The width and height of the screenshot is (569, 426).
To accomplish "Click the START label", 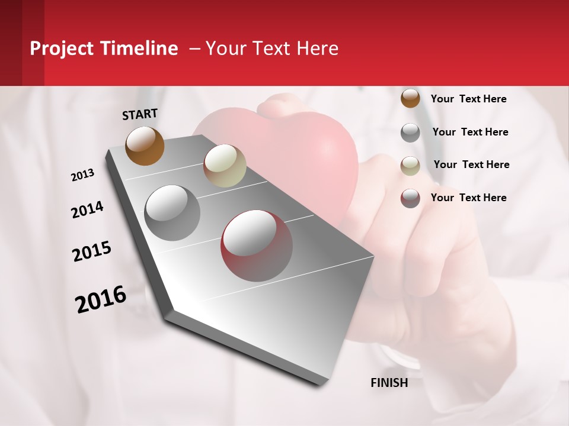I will coord(140,114).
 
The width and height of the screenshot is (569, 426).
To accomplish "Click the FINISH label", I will coord(389,383).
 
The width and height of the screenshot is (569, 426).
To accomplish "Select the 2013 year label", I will coord(82,175).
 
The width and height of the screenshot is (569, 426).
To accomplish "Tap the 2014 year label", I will coord(87,209).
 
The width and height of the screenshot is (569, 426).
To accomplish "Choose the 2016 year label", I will coord(101,299).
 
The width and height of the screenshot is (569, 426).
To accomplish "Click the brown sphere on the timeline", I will coord(145,146).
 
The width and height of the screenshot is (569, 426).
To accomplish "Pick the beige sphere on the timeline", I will coord(225,166).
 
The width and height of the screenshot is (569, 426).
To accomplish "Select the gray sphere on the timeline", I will coord(172,213).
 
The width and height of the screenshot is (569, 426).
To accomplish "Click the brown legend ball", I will coord(410,99).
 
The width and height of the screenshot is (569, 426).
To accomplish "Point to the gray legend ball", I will coord(410,133).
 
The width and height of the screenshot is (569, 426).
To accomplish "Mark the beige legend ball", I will coord(410,166).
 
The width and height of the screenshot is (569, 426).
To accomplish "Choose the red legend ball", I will coord(410,198).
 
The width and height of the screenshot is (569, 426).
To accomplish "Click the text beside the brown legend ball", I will coord(468,99).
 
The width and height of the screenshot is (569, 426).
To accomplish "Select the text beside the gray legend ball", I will coord(470,132).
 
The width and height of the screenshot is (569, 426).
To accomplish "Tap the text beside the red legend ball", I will coord(468,198).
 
